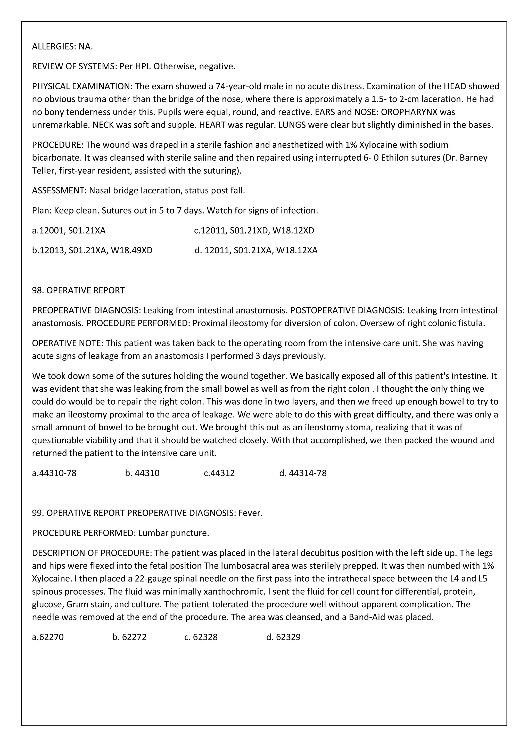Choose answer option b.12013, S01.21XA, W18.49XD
click(92, 251)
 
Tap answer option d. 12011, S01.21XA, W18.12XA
click(256, 251)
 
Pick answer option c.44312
click(219, 473)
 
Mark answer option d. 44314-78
click(303, 473)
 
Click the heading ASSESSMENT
click(59, 191)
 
